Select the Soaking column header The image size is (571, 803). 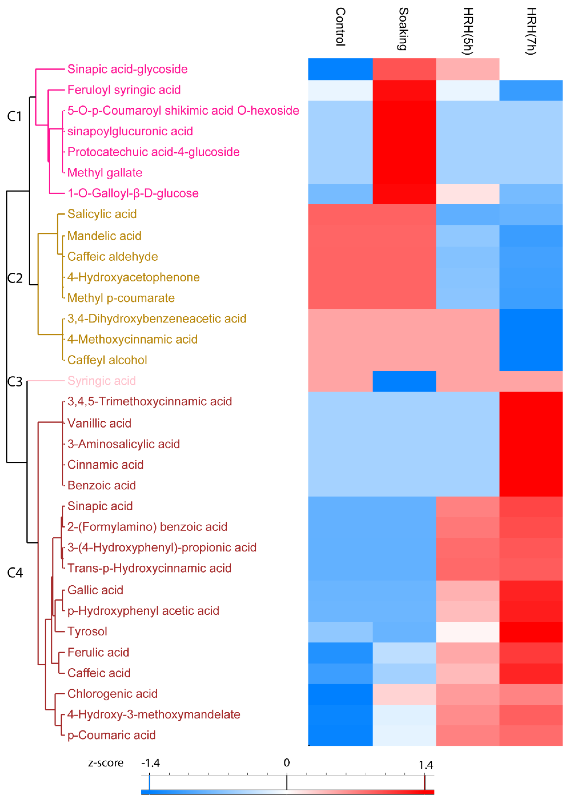click(x=403, y=29)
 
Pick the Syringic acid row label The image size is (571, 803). click(x=102, y=381)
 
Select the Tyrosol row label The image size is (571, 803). click(x=87, y=631)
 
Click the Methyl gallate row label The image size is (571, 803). click(x=105, y=173)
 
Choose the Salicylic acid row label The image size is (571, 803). click(x=102, y=214)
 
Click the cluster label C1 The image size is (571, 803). click(x=14, y=116)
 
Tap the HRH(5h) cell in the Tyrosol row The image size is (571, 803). click(x=468, y=632)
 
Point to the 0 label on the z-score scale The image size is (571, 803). click(x=287, y=763)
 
